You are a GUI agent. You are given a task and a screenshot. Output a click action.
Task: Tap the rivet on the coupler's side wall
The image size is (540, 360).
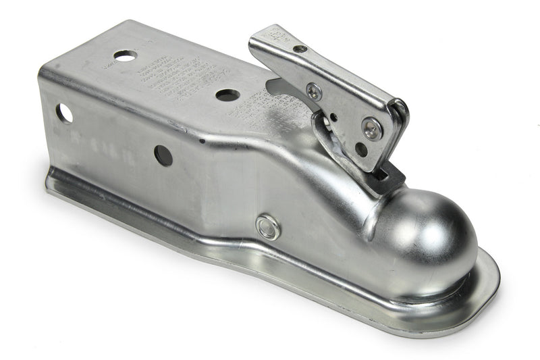click(268, 227)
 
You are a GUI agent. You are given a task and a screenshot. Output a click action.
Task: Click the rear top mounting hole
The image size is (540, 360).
click(125, 55)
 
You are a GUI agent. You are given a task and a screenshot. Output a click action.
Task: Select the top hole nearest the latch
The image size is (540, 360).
click(227, 95)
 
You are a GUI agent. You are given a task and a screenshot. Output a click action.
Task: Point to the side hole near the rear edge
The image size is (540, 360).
click(64, 113)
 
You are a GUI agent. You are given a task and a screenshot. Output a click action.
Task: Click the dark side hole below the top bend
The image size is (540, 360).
click(163, 155)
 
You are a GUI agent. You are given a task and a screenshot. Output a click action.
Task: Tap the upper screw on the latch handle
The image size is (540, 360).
click(313, 91)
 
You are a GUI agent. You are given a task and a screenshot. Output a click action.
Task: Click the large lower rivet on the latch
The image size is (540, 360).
click(371, 127)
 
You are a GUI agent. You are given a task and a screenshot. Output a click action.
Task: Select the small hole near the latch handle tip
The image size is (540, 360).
click(300, 49)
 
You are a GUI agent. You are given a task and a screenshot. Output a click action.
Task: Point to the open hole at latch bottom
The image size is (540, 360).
click(362, 149)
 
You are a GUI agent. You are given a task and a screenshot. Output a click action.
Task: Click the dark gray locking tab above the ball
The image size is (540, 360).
click(388, 178)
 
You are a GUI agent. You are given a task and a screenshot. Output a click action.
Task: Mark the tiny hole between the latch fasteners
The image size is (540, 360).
click(332, 116)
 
